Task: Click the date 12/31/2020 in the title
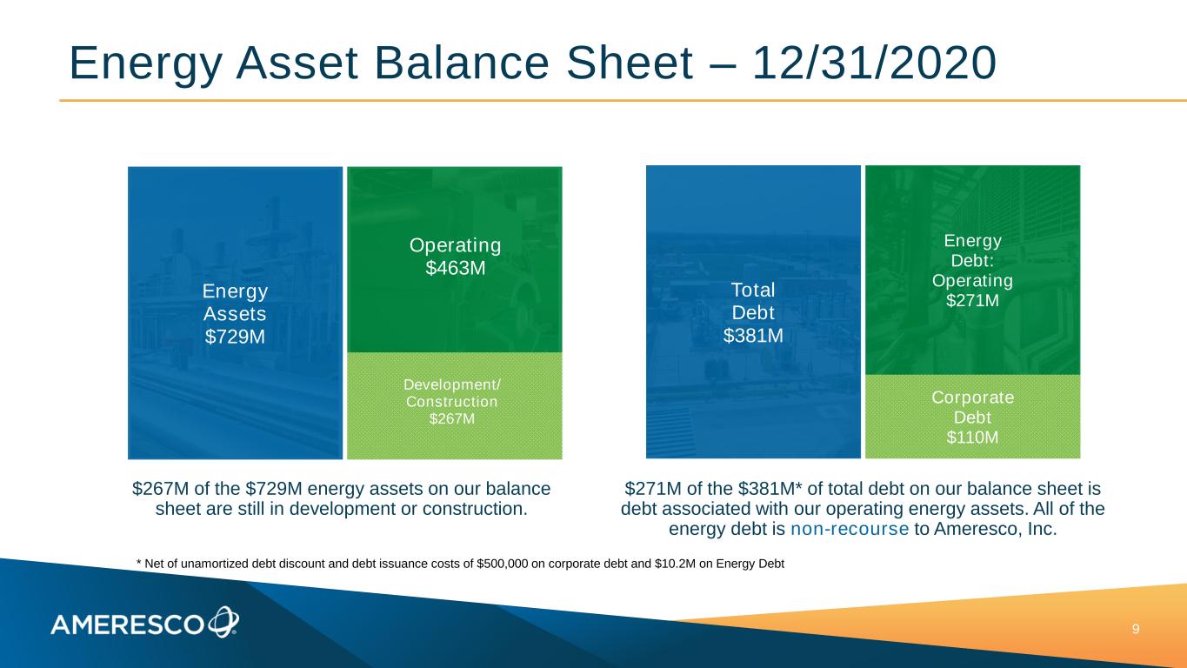click(x=874, y=63)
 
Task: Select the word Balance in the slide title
click(x=462, y=63)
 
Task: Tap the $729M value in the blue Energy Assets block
click(x=235, y=337)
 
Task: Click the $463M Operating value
click(x=455, y=268)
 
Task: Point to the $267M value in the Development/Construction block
click(x=452, y=419)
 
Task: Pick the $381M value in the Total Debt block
click(x=753, y=336)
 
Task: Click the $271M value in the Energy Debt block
click(x=972, y=301)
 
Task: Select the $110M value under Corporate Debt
click(x=972, y=438)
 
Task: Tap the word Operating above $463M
click(x=455, y=245)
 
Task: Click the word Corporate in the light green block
click(x=973, y=397)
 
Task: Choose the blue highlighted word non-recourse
click(x=850, y=529)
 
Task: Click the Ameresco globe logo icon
click(x=223, y=622)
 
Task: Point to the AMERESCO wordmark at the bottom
click(x=127, y=625)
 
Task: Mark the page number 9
click(x=1136, y=629)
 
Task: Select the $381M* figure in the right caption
click(x=770, y=488)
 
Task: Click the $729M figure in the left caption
click(x=274, y=488)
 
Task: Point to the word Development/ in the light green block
click(x=452, y=384)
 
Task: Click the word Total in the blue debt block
click(x=753, y=290)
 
